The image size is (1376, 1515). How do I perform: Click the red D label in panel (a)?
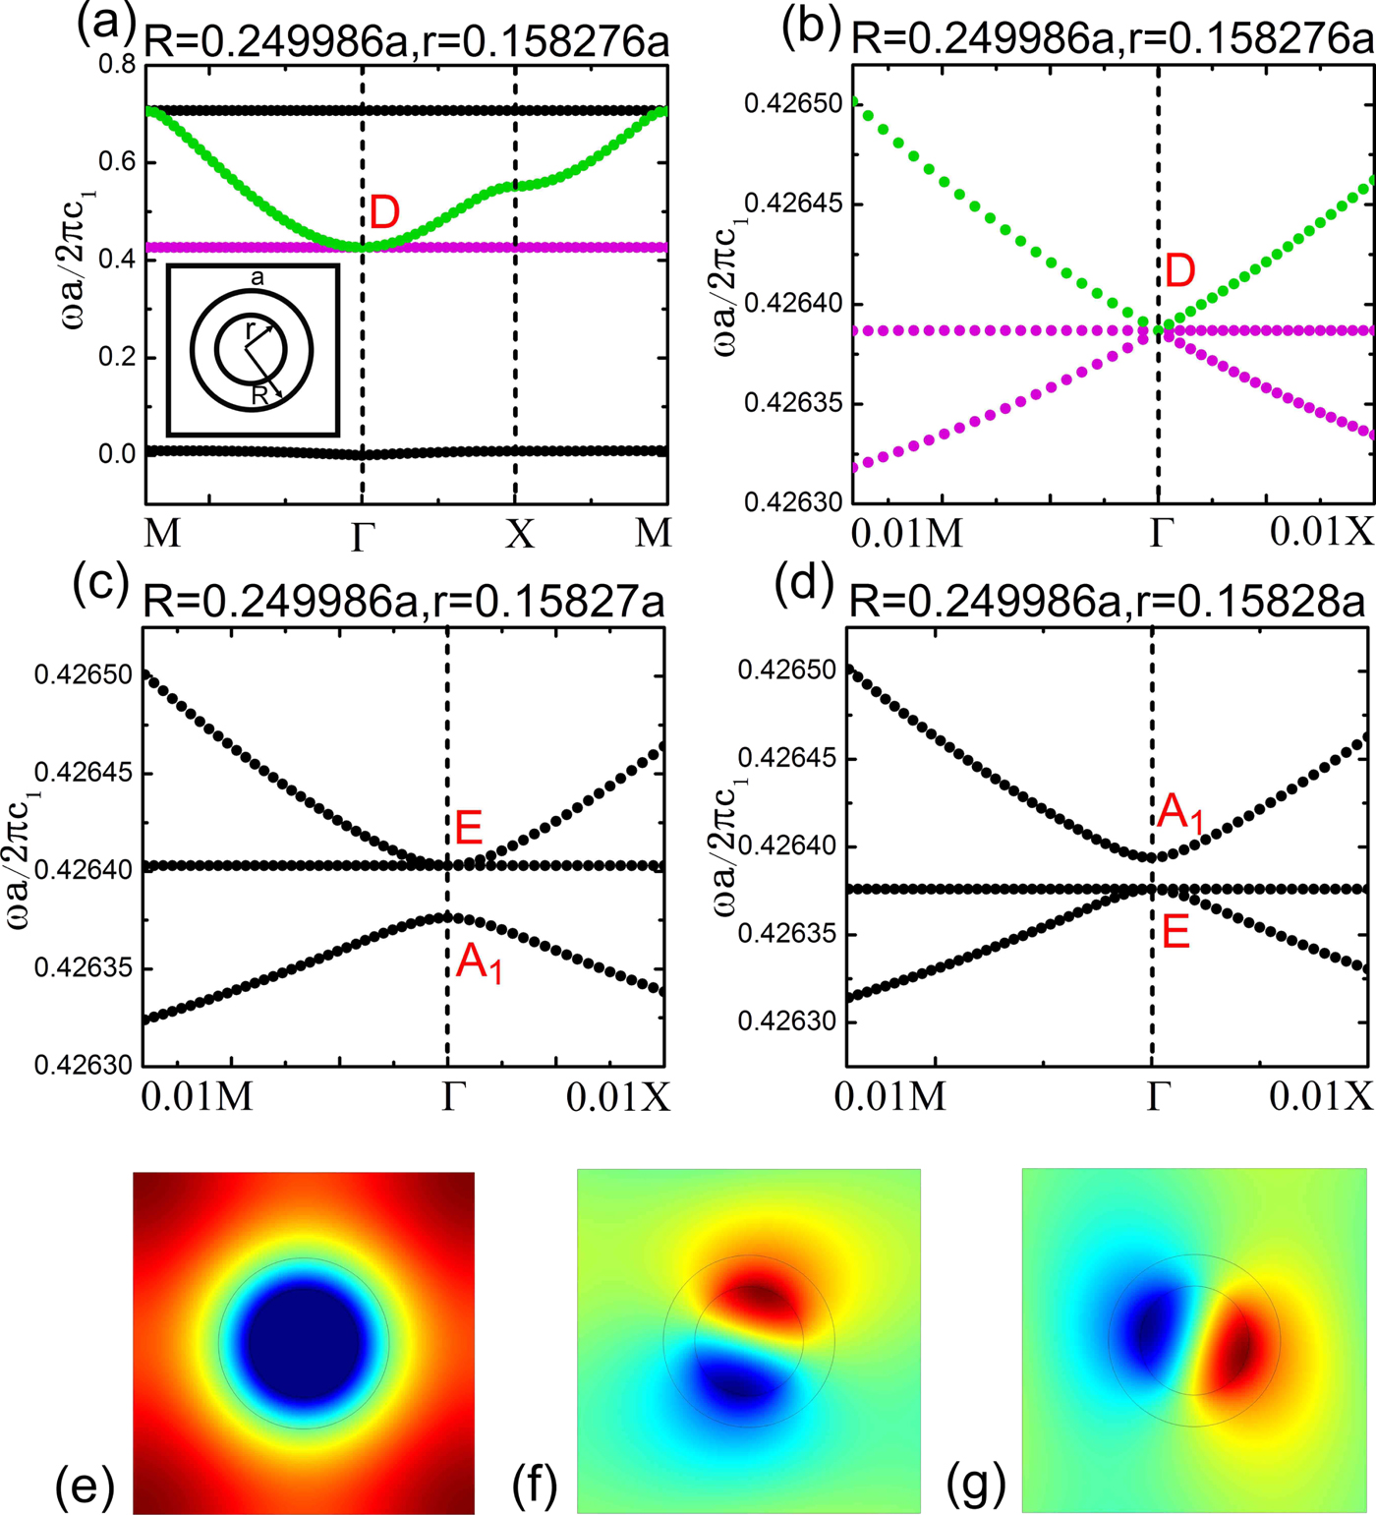click(384, 213)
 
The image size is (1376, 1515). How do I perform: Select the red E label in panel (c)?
click(469, 829)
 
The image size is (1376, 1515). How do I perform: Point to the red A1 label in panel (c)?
click(480, 961)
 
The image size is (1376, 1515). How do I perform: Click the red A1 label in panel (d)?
click(1179, 813)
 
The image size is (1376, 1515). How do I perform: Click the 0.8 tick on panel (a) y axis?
click(117, 66)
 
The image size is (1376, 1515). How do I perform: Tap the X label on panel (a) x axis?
click(519, 534)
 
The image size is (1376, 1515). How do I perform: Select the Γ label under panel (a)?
click(363, 537)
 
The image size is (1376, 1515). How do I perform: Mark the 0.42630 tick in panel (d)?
click(780, 1022)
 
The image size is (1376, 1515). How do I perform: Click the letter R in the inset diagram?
click(259, 395)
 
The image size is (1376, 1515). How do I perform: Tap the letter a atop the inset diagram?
click(258, 278)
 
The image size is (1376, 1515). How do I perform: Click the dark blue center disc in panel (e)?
click(305, 1342)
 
